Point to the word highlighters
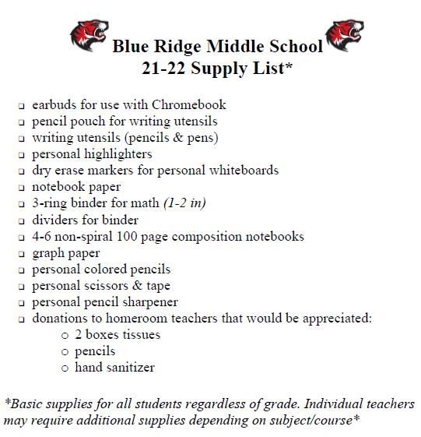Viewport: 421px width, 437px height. pyautogui.click(x=114, y=154)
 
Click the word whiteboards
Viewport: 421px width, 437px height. pyautogui.click(x=239, y=171)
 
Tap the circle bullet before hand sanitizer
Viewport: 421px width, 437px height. pyautogui.click(x=65, y=368)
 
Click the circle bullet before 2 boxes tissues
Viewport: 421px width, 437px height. pyautogui.click(x=65, y=336)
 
